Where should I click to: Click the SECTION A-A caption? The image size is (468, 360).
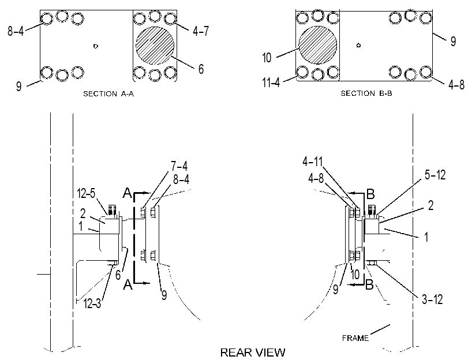click(x=108, y=94)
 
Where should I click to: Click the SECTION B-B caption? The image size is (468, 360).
click(x=366, y=93)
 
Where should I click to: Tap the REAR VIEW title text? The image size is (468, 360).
click(x=253, y=352)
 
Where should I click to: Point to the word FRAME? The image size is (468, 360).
click(x=355, y=338)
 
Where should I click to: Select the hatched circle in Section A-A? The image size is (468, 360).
click(x=155, y=46)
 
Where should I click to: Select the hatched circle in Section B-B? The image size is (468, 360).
click(x=317, y=45)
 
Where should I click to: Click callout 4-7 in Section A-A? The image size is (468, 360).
click(x=201, y=31)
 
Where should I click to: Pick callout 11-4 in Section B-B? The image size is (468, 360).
click(x=271, y=82)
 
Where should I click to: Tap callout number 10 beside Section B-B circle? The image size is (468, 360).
click(x=267, y=57)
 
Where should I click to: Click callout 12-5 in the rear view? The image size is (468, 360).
click(x=86, y=193)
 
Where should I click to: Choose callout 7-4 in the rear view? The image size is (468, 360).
click(x=179, y=166)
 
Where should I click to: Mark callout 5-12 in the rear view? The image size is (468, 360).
click(x=435, y=175)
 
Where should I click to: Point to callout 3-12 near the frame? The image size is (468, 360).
click(x=432, y=299)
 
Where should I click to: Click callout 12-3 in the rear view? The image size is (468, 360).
click(x=92, y=303)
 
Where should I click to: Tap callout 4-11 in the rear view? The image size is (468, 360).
click(x=313, y=162)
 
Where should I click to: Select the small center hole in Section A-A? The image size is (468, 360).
click(x=96, y=46)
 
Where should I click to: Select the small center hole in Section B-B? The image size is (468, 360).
click(x=358, y=46)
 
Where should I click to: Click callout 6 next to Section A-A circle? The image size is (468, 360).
click(x=201, y=69)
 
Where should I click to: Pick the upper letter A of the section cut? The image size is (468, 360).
click(x=128, y=193)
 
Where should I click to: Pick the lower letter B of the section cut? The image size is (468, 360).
click(x=369, y=285)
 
